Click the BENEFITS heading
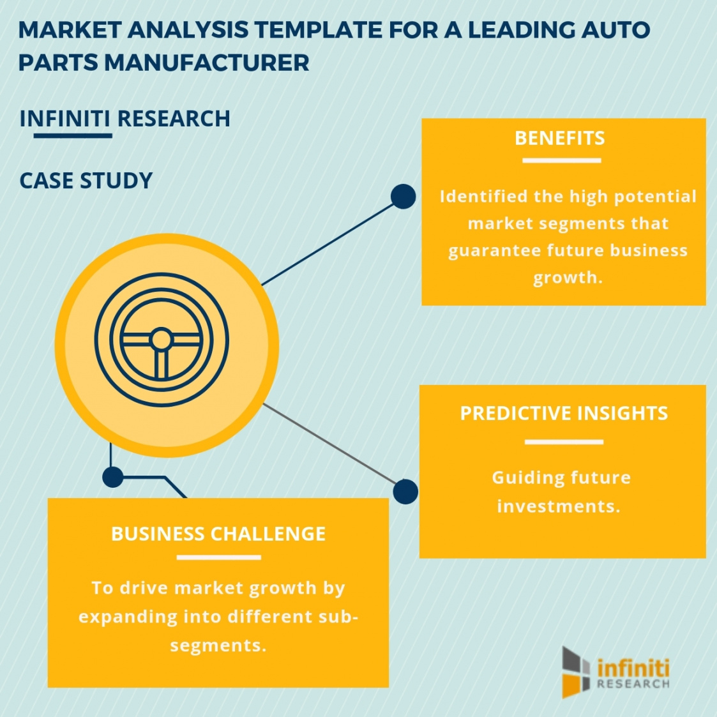point(560,139)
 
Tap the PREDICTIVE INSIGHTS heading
point(564,414)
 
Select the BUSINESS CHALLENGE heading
point(218,534)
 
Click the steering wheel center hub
point(161,340)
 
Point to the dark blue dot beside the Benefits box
point(403,197)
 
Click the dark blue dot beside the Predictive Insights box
point(405,492)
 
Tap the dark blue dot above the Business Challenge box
point(112,476)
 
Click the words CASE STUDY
point(86,181)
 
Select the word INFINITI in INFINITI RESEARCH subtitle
point(65,119)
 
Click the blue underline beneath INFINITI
point(72,135)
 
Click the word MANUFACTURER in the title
point(207,63)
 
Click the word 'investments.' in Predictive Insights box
point(559,506)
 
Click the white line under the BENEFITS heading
point(561,160)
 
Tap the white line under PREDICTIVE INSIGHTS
point(564,442)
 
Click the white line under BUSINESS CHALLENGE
point(218,557)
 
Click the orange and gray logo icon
point(576,671)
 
